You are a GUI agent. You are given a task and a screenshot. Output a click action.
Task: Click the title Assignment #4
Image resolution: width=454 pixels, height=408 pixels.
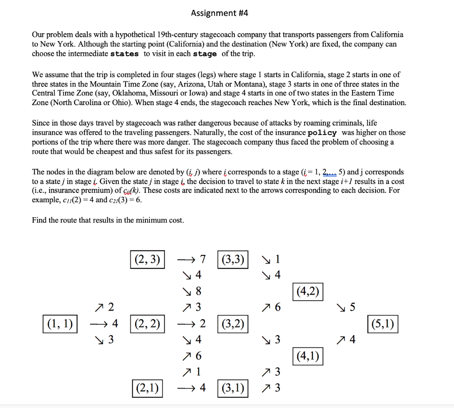(x=219, y=13)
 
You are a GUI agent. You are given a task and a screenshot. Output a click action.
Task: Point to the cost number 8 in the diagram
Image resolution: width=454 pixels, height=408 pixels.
(x=198, y=291)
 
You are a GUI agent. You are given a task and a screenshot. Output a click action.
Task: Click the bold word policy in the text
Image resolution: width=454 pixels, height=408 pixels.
(x=322, y=133)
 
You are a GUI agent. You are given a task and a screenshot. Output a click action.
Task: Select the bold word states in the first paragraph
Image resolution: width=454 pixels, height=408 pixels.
(x=124, y=54)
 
